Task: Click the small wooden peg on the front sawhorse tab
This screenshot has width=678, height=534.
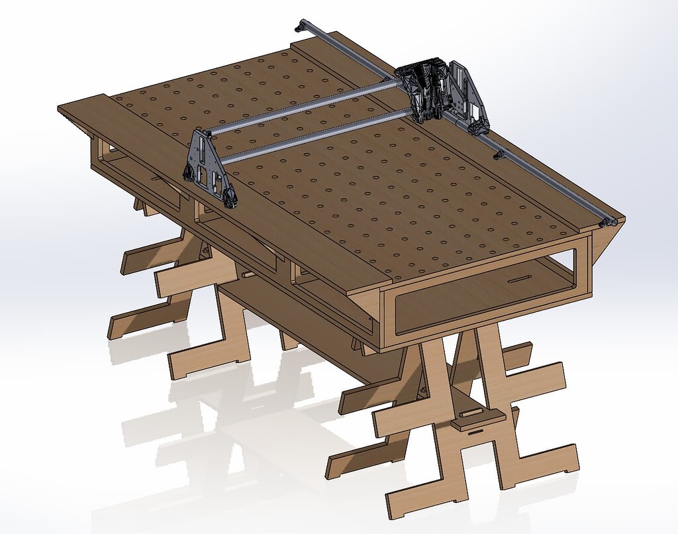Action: click(471, 412)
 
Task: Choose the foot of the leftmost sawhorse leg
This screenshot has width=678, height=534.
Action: click(117, 329)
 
